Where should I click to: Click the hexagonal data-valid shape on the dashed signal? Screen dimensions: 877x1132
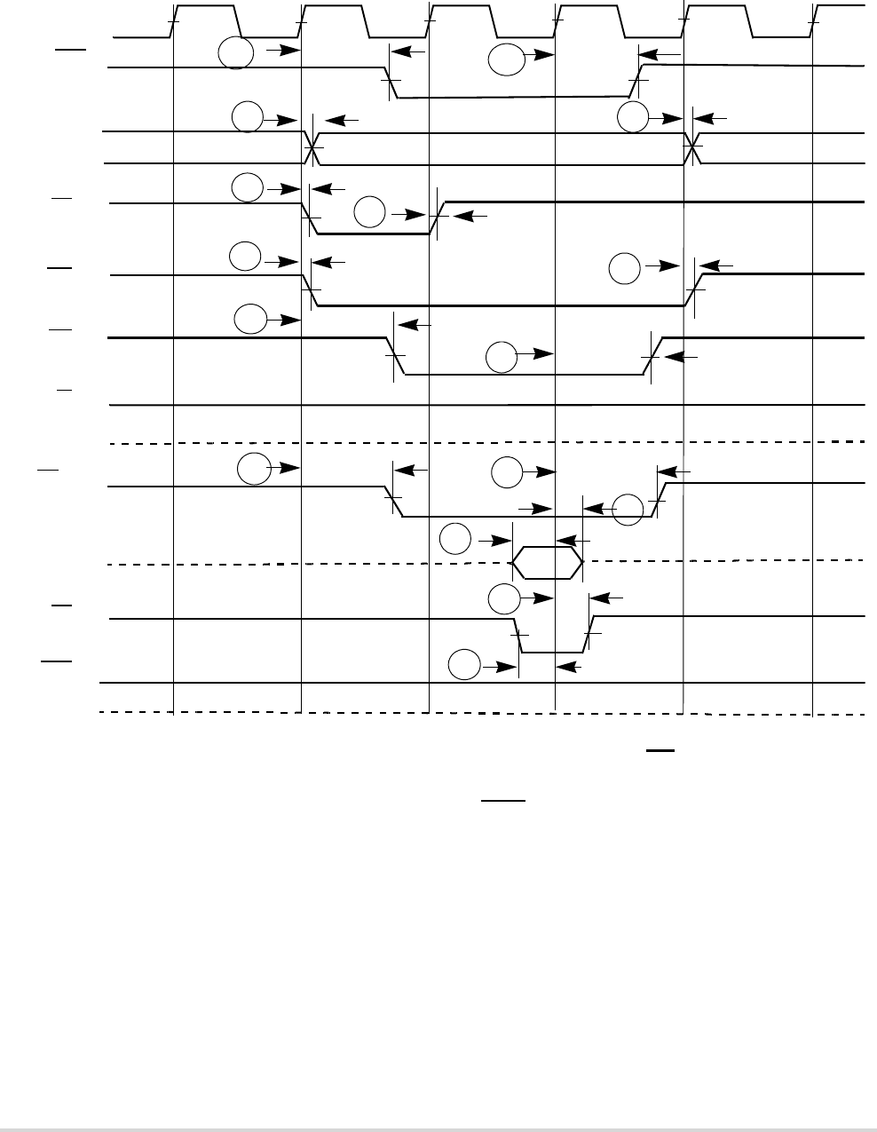[x=549, y=563]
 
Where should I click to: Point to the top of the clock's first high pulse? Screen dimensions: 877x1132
[x=203, y=5]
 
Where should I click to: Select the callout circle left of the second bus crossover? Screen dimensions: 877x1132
[x=633, y=117]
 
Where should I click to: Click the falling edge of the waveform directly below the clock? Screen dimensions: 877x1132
[x=391, y=83]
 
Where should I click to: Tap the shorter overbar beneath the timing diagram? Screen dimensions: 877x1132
[x=661, y=751]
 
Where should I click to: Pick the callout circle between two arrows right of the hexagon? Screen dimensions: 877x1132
[x=628, y=509]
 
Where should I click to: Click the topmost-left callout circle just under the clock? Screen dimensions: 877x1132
[x=234, y=54]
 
